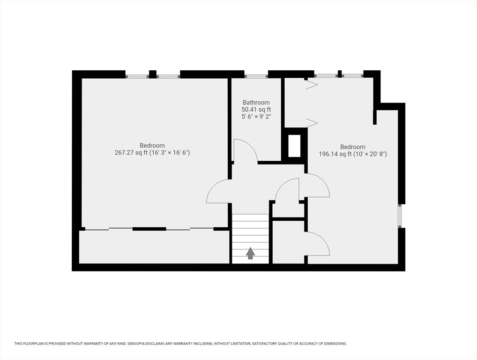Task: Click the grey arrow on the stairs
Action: (x=250, y=253)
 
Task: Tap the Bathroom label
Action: (x=256, y=103)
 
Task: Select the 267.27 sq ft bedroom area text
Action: (x=152, y=152)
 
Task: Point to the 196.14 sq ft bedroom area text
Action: (x=352, y=154)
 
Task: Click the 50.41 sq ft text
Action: (x=256, y=110)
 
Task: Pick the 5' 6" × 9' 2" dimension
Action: (x=256, y=117)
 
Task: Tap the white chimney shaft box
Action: (x=294, y=146)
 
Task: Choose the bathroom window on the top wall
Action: (x=256, y=76)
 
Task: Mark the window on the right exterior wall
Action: (x=401, y=216)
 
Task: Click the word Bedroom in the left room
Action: (x=152, y=145)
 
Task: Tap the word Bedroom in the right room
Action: (x=352, y=147)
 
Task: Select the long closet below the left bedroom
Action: (x=154, y=247)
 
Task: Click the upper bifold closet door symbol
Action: (x=311, y=84)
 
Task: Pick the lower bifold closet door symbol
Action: (x=312, y=123)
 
